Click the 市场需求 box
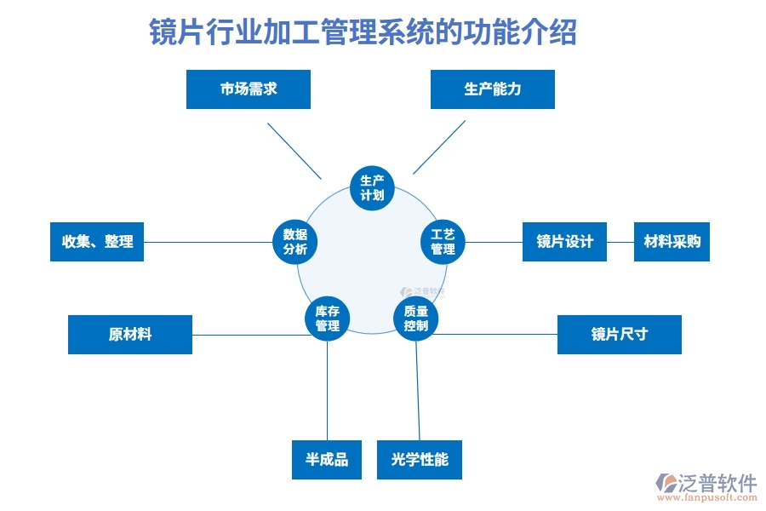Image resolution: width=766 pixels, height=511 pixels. pos(249,89)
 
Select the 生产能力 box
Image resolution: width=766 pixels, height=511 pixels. pos(492,89)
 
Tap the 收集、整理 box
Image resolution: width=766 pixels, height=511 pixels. pos(97,242)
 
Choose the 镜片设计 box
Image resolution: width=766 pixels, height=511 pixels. pos(564,242)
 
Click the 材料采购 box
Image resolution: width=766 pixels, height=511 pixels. pos(672,242)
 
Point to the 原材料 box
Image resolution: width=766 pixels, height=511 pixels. pos(130,335)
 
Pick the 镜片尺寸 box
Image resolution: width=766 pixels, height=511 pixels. pos(619,335)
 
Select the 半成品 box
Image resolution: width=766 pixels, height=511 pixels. pos(327,460)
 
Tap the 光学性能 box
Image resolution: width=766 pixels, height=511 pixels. pos(420,460)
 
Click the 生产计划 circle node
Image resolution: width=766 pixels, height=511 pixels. pos(372,187)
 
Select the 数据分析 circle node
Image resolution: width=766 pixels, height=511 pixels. pos(294,241)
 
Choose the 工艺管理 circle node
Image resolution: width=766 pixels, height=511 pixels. pos(443,241)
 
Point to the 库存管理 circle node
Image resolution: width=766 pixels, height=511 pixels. pos(327,319)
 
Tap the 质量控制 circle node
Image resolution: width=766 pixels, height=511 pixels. pos(416,319)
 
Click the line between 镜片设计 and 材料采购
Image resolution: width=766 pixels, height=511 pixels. pos(620,242)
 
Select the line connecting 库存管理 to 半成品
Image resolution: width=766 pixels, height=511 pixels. pos(327,392)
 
